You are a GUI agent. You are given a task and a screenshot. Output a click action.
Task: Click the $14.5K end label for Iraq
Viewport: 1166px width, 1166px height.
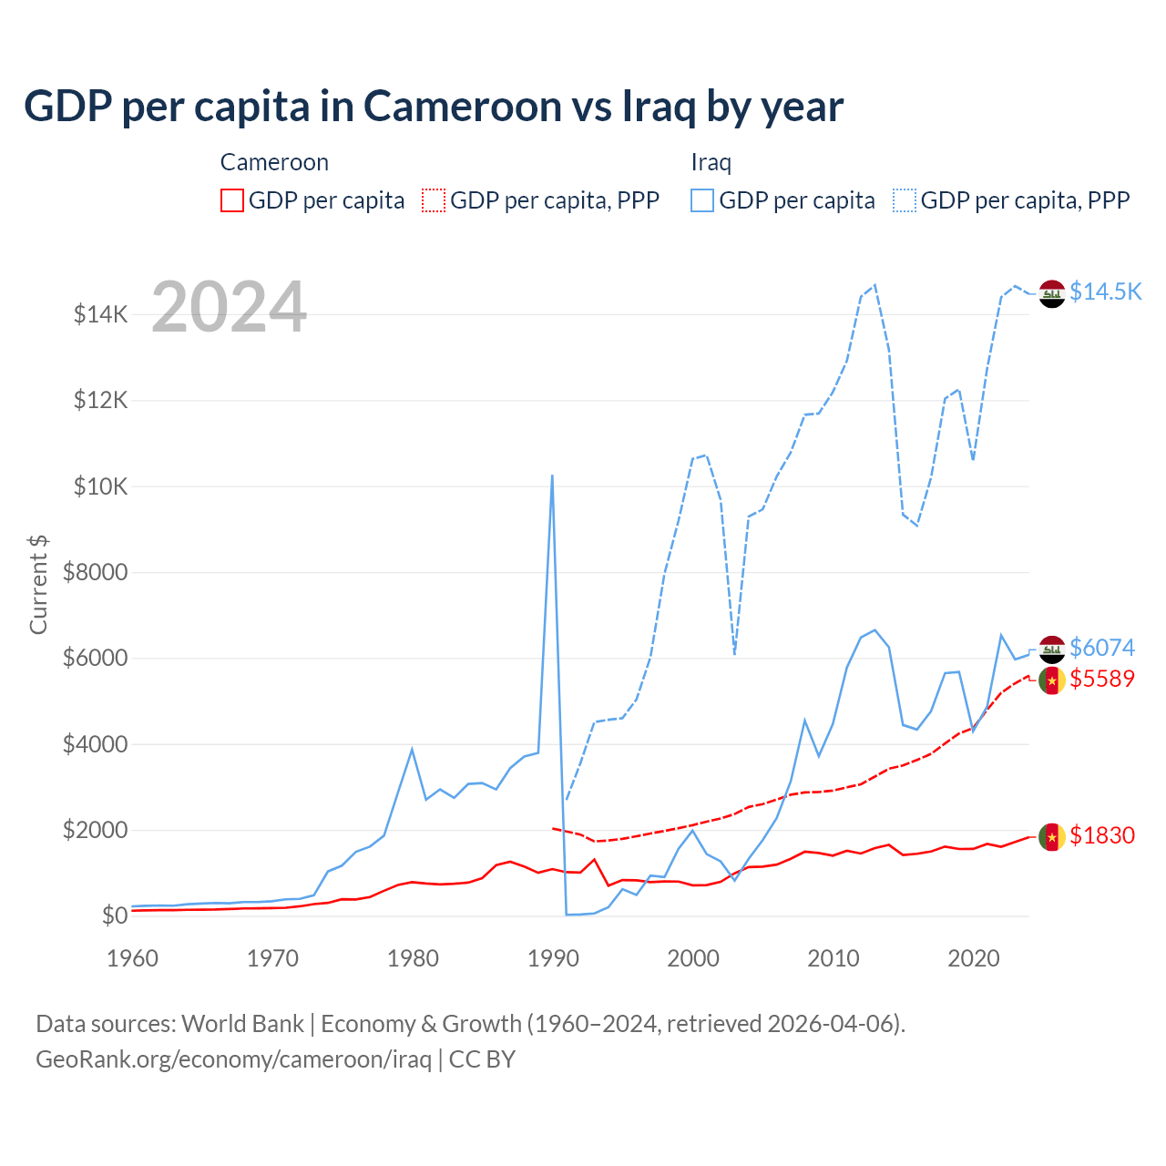(1105, 291)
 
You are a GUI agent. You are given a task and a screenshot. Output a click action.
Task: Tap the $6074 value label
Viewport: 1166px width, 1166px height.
(1102, 648)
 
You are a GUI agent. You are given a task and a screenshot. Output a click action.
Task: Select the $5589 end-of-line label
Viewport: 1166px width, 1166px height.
(1102, 679)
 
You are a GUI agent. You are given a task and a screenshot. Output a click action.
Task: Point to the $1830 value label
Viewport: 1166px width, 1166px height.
(1102, 835)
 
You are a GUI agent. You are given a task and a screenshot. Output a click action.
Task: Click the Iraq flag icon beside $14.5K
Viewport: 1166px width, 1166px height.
(1052, 293)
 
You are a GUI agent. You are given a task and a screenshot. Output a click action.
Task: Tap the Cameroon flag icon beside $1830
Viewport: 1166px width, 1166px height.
(1052, 836)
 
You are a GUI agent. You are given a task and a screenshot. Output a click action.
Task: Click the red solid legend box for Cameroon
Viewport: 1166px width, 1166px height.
(232, 200)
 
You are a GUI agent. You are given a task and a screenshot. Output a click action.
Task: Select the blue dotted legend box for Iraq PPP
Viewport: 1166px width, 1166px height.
(905, 200)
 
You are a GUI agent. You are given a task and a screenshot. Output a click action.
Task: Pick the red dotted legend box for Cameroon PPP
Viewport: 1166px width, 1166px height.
(434, 200)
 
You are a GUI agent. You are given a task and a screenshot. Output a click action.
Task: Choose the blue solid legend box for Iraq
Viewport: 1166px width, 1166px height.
(702, 200)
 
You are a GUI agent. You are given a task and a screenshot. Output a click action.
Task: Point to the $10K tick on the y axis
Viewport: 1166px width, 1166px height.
(100, 486)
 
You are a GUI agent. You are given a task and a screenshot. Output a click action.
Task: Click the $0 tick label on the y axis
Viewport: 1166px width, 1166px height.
(114, 915)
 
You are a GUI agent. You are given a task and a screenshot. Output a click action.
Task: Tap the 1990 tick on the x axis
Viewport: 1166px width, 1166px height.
(553, 958)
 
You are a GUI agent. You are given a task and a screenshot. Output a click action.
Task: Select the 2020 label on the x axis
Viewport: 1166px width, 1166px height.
(974, 958)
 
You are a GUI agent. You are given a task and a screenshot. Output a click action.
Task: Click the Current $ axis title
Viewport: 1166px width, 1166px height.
(38, 585)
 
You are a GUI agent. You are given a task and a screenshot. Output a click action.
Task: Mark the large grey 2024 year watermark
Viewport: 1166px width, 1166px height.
(229, 307)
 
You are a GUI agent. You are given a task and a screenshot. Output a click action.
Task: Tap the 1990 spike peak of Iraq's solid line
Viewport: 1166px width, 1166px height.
(552, 476)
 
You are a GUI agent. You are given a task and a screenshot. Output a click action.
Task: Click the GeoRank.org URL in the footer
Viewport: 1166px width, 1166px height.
(233, 1059)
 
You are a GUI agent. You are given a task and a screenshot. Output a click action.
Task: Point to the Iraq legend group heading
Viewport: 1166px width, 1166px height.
(711, 162)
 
